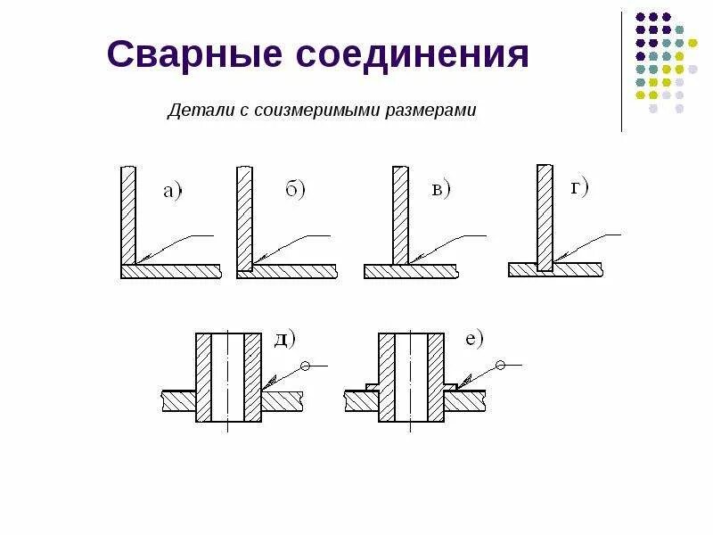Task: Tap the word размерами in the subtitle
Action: [431, 111]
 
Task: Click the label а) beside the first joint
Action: [171, 190]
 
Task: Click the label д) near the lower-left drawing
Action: [284, 339]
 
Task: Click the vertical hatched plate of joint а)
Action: [127, 214]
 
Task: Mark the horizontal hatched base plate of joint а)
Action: [170, 272]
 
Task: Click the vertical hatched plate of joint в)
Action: [400, 215]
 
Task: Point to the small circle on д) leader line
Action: [306, 366]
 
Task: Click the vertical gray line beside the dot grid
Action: [622, 71]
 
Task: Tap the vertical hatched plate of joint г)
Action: [545, 214]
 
